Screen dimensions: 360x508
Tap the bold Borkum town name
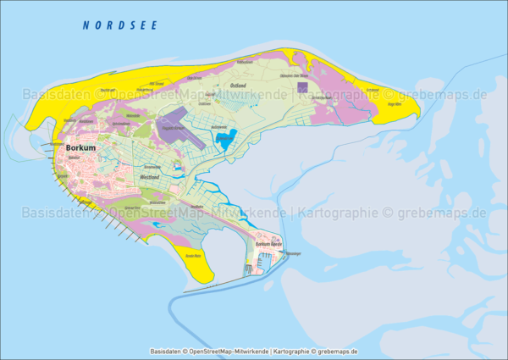point(81,147)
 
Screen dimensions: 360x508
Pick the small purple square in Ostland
point(303,86)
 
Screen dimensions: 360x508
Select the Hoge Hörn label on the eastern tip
point(393,104)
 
